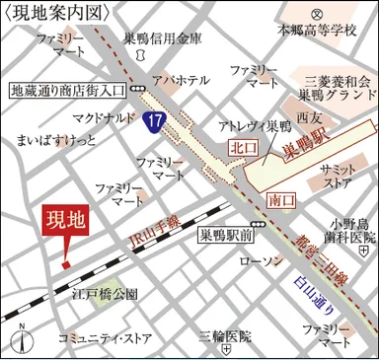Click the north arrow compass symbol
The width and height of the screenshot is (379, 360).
(x=20, y=339)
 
